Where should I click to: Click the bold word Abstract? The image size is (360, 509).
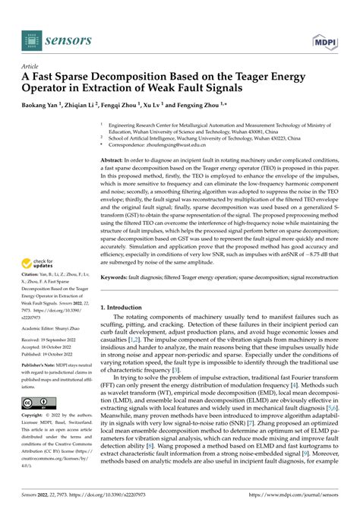pyautogui.click(x=115, y=160)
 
